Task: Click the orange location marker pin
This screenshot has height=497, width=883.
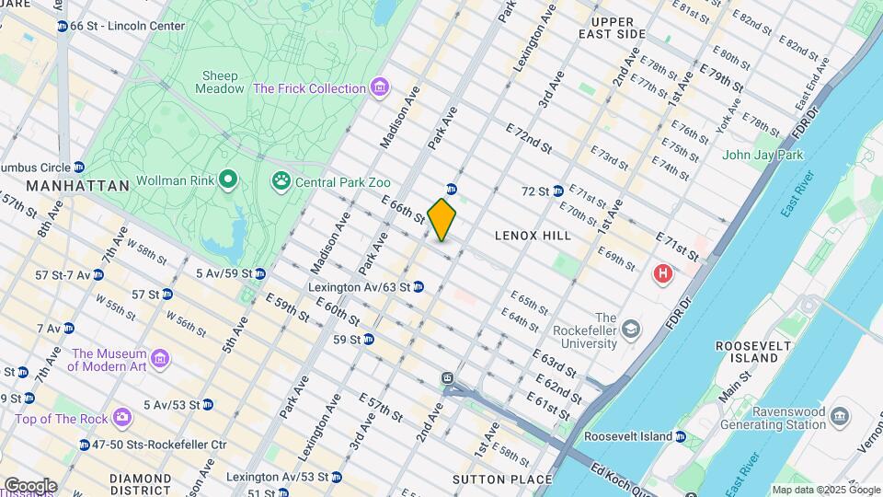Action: pyautogui.click(x=441, y=219)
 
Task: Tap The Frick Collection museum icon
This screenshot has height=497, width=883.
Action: pyautogui.click(x=378, y=88)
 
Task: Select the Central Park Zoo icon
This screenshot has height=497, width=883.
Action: pyautogui.click(x=281, y=182)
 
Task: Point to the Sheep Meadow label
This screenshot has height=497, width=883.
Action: pyautogui.click(x=219, y=82)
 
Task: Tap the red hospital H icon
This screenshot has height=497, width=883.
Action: pyautogui.click(x=661, y=273)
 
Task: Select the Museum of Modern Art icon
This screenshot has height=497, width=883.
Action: pyautogui.click(x=160, y=358)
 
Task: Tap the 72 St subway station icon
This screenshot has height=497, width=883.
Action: pyautogui.click(x=557, y=191)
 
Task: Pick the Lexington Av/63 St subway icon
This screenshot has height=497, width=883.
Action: pyautogui.click(x=419, y=287)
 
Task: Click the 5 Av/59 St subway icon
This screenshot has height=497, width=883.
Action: pyautogui.click(x=260, y=273)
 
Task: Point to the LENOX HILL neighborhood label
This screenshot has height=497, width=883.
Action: pyautogui.click(x=533, y=236)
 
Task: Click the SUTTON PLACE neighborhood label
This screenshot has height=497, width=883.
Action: pyautogui.click(x=501, y=479)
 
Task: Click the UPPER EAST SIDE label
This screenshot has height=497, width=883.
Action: pyautogui.click(x=605, y=28)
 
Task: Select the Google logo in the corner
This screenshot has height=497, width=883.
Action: pyautogui.click(x=30, y=485)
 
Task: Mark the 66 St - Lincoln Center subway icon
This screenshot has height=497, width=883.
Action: pyautogui.click(x=62, y=26)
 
